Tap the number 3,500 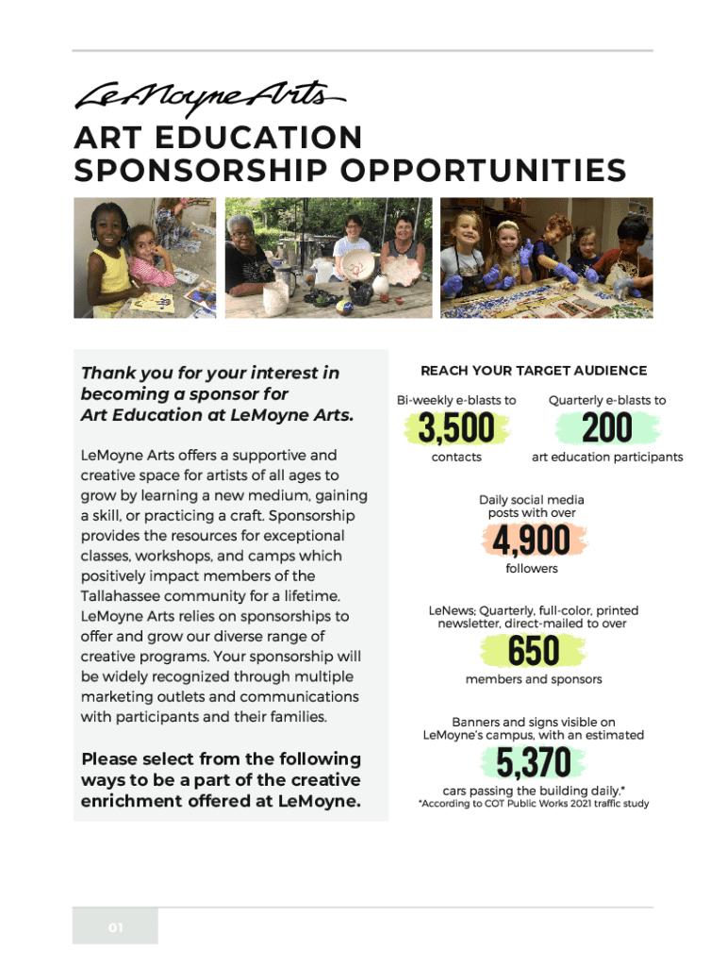pyautogui.click(x=456, y=429)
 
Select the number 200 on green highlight pyautogui.click(x=606, y=429)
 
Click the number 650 pyautogui.click(x=534, y=651)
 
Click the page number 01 pyautogui.click(x=115, y=927)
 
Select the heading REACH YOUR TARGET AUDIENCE pyautogui.click(x=534, y=371)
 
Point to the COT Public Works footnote pyautogui.click(x=534, y=804)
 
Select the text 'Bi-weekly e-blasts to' pyautogui.click(x=456, y=400)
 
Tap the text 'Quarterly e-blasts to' pyautogui.click(x=607, y=400)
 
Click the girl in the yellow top pyautogui.click(x=107, y=259)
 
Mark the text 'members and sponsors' pyautogui.click(x=534, y=679)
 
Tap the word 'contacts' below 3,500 pyautogui.click(x=456, y=457)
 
